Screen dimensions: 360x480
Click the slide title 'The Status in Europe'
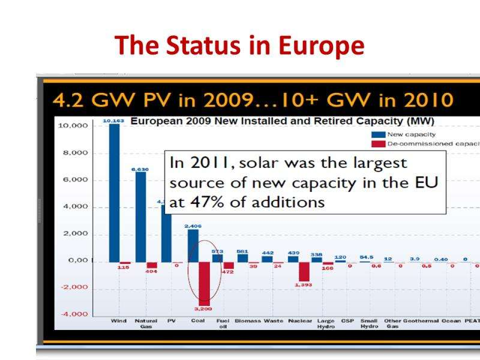click(239, 45)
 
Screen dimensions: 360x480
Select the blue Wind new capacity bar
click(114, 192)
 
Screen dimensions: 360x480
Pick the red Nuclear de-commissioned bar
click(304, 271)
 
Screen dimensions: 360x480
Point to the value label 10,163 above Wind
click(113, 121)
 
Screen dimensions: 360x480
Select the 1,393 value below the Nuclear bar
click(304, 286)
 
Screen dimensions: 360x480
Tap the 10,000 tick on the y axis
click(73, 126)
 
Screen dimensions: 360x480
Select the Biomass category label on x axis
click(247, 321)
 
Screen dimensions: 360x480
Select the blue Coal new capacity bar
click(193, 246)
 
